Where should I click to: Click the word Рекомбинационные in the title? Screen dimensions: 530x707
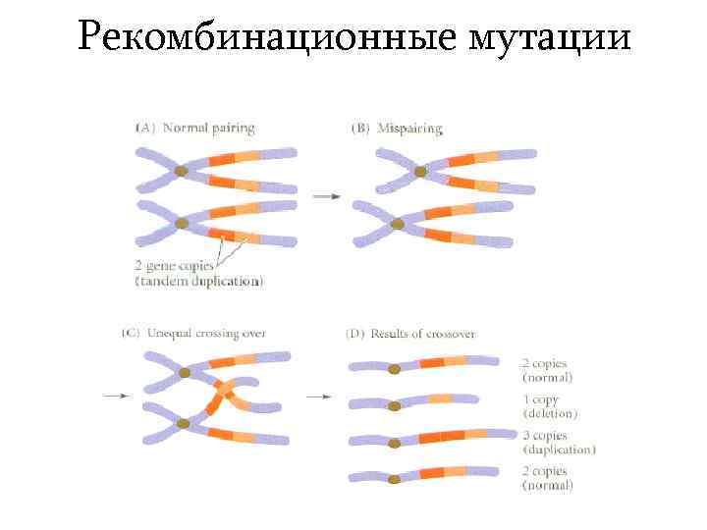pos(266,38)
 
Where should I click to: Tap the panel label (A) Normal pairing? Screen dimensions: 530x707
pos(194,128)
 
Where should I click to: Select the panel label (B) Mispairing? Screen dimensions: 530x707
pos(397,129)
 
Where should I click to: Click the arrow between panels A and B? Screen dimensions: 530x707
pos(327,197)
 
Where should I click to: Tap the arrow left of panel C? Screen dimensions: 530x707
pos(114,396)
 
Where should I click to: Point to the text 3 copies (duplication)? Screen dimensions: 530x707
pos(558,443)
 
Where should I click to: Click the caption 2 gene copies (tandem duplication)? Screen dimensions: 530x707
pos(198,274)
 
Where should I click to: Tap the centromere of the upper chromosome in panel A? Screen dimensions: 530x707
pos(182,172)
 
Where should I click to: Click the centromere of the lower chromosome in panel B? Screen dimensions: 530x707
pos(398,224)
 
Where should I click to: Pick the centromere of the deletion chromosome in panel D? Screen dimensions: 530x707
pos(394,405)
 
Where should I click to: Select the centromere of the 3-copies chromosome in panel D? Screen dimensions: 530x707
pos(394,443)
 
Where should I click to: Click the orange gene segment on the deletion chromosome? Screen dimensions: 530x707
pos(440,398)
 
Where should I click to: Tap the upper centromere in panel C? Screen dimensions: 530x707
pos(185,373)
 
